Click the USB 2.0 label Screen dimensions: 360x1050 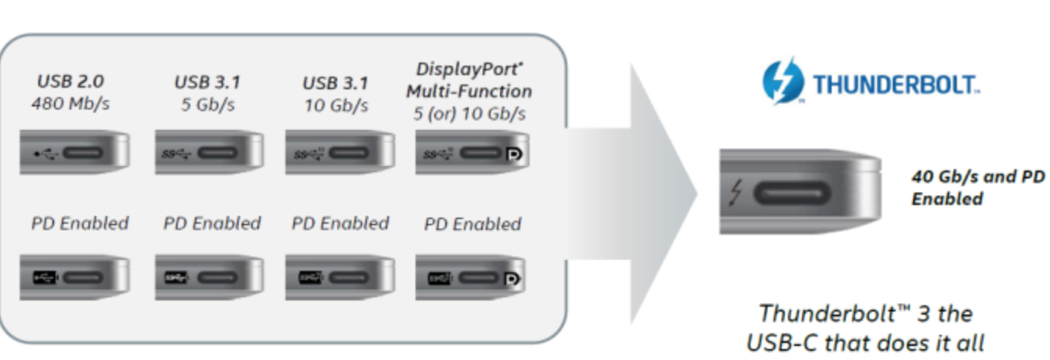coord(70,81)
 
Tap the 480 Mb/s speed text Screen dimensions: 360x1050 coord(70,103)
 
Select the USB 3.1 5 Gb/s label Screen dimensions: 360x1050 coord(208,92)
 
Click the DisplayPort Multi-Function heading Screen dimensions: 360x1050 coord(469,80)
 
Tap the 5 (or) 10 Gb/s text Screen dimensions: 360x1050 coord(469,113)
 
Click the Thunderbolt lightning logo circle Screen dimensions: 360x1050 coord(782,81)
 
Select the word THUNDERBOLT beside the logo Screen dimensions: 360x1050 coord(895,83)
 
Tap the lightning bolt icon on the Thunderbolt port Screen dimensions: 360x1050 coord(738,193)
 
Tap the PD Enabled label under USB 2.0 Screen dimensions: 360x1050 coord(79,223)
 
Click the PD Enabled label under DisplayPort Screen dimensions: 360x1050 coord(472,225)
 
